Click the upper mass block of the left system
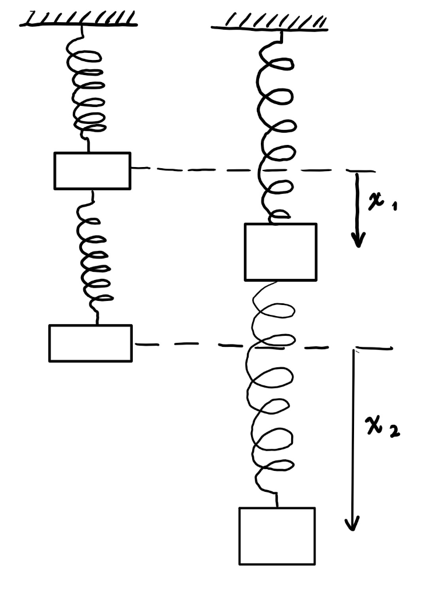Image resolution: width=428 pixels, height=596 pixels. (92, 171)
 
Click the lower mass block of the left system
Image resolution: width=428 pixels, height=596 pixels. (90, 343)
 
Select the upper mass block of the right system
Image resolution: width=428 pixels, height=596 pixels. (280, 251)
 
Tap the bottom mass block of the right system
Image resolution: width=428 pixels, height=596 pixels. (277, 535)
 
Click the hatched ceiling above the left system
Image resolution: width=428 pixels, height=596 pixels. (79, 20)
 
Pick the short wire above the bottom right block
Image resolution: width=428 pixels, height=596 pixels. (277, 499)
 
